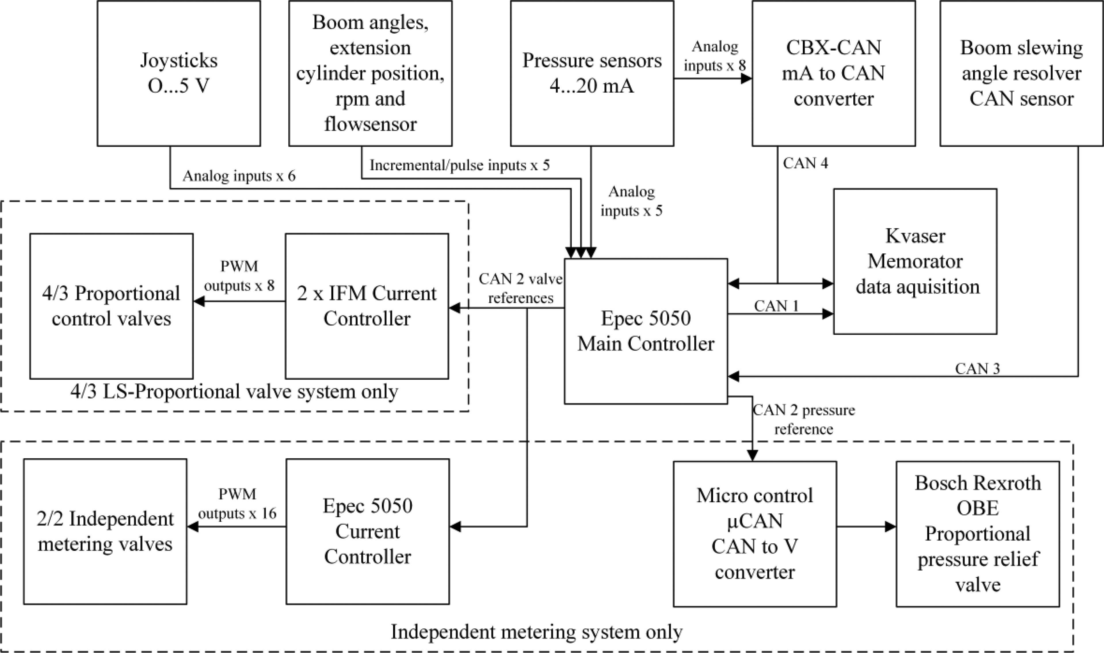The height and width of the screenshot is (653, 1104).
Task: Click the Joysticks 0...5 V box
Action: point(179,73)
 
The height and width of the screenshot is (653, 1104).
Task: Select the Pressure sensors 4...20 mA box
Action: point(592,73)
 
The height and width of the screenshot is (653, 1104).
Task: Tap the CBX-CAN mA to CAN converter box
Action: point(833,73)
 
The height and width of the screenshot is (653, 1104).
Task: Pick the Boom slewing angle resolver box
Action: point(1021,73)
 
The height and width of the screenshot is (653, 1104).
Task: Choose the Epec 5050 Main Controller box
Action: point(645,331)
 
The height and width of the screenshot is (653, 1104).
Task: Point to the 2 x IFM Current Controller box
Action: point(367,306)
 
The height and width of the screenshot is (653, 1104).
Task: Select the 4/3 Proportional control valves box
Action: point(111,306)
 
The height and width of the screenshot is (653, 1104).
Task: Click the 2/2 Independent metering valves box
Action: point(105,532)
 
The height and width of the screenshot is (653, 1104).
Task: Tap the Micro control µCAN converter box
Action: point(755,534)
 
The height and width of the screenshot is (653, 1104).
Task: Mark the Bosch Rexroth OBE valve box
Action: point(977,534)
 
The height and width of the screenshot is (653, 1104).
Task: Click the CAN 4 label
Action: point(805,163)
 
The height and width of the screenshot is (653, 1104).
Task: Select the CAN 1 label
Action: point(776,306)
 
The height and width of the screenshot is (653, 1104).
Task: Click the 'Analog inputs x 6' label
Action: point(239,176)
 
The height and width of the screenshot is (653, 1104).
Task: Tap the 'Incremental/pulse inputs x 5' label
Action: point(459,165)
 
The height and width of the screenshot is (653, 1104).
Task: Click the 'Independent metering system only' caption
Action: point(536,632)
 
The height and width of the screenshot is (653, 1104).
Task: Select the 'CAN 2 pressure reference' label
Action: point(804,419)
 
